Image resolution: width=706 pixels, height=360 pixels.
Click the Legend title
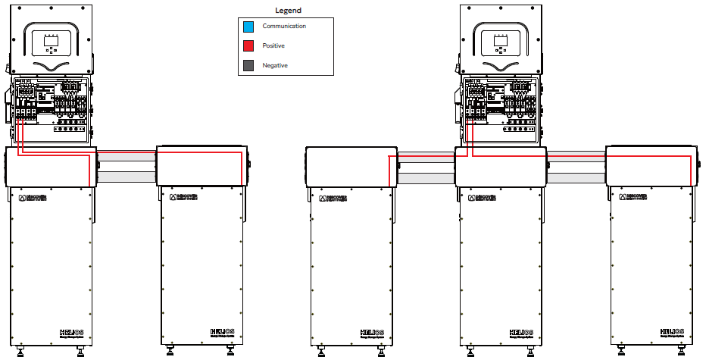(x=289, y=11)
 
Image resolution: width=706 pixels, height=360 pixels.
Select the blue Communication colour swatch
(x=248, y=27)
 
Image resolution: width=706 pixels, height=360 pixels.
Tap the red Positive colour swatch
(x=248, y=46)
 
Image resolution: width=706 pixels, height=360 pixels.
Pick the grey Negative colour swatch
(x=248, y=66)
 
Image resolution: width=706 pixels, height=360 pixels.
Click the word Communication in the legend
(x=284, y=27)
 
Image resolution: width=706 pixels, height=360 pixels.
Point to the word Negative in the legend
(x=275, y=66)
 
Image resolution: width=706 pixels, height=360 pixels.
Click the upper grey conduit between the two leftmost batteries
(x=127, y=155)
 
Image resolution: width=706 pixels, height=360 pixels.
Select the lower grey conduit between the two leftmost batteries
(x=127, y=177)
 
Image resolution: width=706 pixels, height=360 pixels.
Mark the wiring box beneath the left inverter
(x=50, y=110)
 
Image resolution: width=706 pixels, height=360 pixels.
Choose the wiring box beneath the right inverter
(x=500, y=110)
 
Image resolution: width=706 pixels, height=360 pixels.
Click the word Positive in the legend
(x=273, y=46)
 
